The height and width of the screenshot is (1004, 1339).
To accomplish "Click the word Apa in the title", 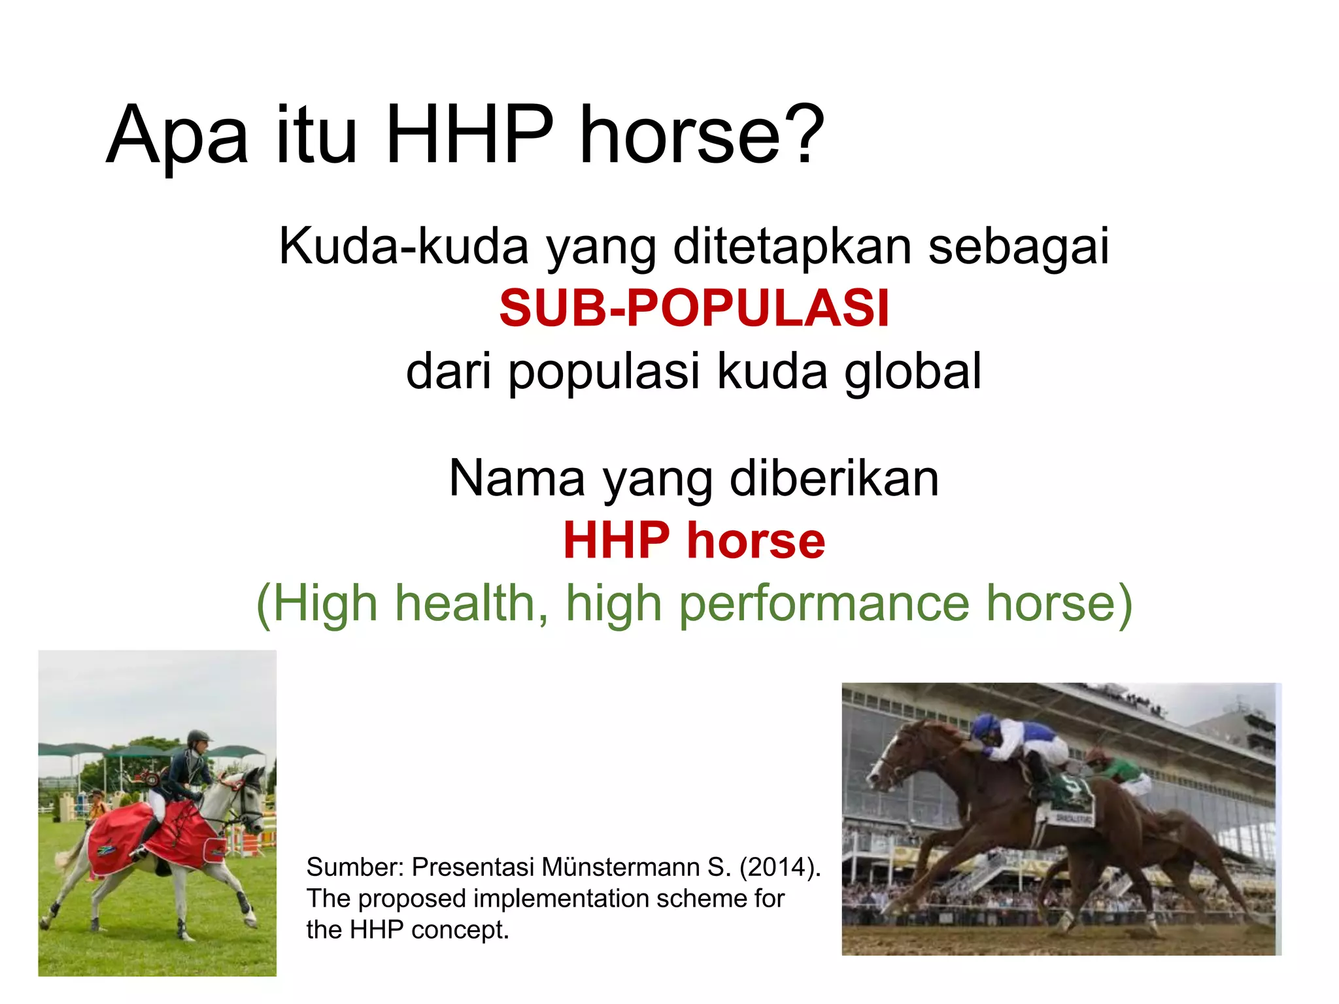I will click(177, 136).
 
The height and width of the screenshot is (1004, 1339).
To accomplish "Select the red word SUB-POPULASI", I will click(694, 309).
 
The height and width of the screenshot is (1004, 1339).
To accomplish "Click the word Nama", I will click(517, 478).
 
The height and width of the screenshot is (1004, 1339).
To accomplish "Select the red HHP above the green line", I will click(617, 541).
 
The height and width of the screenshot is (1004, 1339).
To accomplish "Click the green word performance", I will click(824, 603).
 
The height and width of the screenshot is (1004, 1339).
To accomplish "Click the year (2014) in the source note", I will click(779, 867).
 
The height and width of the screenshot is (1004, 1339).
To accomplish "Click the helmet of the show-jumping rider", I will click(198, 737).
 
